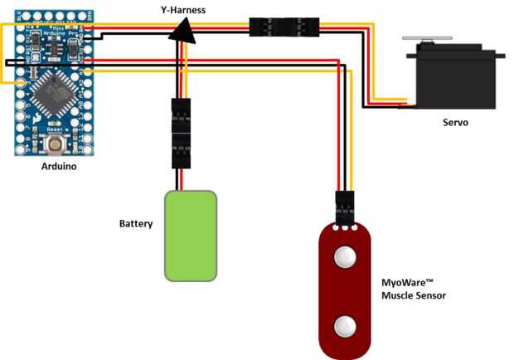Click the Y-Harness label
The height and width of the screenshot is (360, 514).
pyautogui.click(x=183, y=8)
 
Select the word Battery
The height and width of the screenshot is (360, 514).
pyautogui.click(x=136, y=224)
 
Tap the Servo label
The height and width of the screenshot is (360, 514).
pyautogui.click(x=455, y=122)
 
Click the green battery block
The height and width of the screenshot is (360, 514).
pyautogui.click(x=191, y=235)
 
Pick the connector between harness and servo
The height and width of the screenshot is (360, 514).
pyautogui.click(x=284, y=26)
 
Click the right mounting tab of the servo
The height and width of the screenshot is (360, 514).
pyautogui.click(x=500, y=53)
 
